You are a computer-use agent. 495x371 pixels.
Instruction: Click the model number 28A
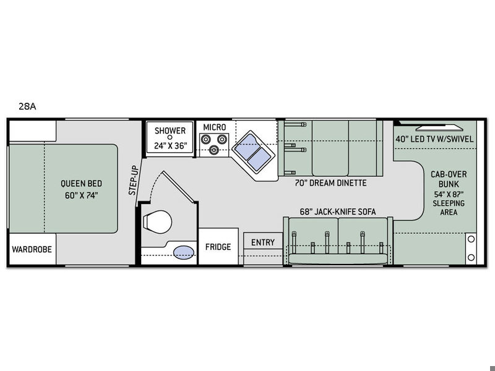[27, 106]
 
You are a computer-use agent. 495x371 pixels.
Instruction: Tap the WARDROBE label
[32, 249]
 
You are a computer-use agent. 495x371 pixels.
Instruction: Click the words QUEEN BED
[82, 183]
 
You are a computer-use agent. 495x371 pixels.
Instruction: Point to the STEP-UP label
[134, 180]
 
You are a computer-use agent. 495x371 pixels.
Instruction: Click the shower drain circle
[170, 137]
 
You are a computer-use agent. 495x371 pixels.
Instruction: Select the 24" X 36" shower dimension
[171, 145]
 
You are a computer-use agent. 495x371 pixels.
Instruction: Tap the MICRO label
[214, 127]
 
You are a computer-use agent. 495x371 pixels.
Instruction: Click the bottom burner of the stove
[214, 150]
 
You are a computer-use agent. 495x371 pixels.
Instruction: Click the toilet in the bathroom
[157, 222]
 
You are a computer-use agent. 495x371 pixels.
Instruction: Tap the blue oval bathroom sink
[184, 252]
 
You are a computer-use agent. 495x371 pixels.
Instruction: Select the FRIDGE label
[218, 247]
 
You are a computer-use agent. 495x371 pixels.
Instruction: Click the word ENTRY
[263, 242]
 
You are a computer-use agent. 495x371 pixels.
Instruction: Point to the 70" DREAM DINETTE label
[331, 183]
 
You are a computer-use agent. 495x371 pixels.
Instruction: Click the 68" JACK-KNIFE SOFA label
[338, 211]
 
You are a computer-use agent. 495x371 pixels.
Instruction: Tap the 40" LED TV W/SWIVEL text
[435, 139]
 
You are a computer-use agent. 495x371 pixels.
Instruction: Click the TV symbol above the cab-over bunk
[439, 128]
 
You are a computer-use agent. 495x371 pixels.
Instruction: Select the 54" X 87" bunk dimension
[449, 194]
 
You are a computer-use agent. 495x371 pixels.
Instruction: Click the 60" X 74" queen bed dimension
[82, 195]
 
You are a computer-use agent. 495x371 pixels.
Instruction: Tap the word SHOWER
[170, 130]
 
